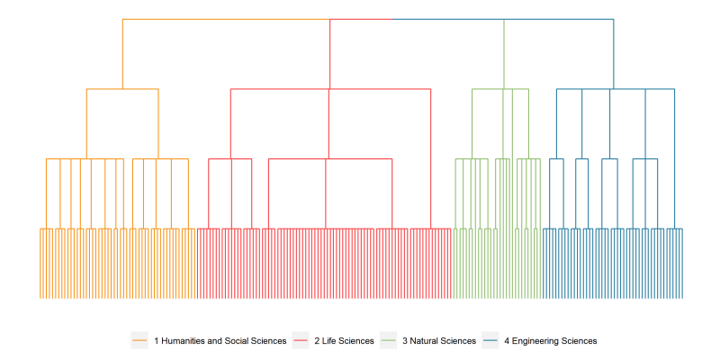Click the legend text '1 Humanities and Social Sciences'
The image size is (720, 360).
click(x=220, y=341)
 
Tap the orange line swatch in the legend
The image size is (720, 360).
click(x=139, y=341)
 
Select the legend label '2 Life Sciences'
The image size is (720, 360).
click(x=344, y=341)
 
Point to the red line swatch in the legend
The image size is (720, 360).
click(x=300, y=341)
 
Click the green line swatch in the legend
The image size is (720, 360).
click(x=388, y=341)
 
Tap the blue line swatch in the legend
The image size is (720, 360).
click(x=490, y=341)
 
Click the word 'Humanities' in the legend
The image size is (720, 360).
click(x=183, y=341)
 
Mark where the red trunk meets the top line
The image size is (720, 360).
click(x=329, y=19)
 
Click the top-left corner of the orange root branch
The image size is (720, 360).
click(x=122, y=19)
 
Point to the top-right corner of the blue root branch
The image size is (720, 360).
click(x=614, y=19)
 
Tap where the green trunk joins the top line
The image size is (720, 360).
click(x=504, y=19)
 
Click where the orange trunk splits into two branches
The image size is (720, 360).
click(x=122, y=89)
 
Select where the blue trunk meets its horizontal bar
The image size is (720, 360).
click(x=614, y=89)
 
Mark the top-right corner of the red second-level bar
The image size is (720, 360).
click(x=431, y=89)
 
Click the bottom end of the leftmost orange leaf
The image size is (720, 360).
click(x=40, y=299)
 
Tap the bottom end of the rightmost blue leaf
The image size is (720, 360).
click(x=682, y=299)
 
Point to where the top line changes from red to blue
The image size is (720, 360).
click(x=393, y=19)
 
